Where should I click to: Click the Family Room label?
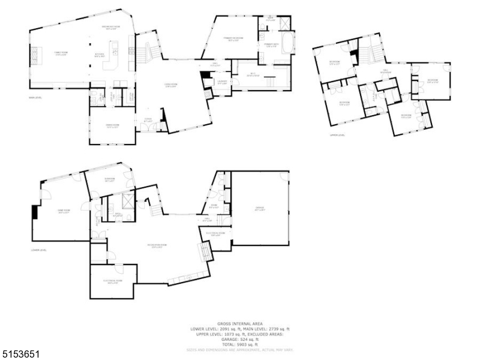tap(60, 53)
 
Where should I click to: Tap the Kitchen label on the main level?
tap(100, 55)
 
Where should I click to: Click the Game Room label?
tap(64, 211)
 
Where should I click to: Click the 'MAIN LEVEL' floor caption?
tap(35, 97)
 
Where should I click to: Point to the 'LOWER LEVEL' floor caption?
tap(38, 250)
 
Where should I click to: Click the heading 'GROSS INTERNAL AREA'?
tap(239, 325)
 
